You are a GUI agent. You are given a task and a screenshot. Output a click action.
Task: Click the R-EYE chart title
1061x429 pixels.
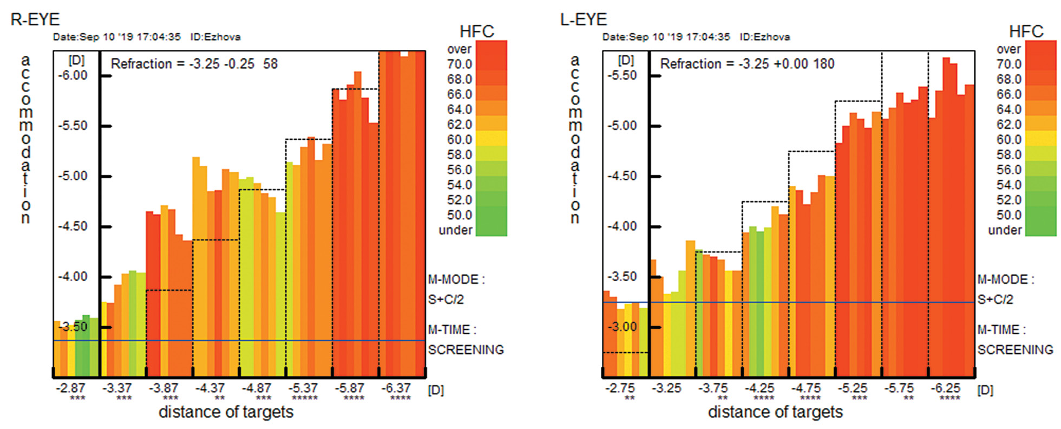(35, 19)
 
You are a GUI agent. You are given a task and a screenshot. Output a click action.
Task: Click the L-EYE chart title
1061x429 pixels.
(584, 19)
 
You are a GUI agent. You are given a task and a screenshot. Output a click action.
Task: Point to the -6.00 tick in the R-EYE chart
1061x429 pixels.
(73, 75)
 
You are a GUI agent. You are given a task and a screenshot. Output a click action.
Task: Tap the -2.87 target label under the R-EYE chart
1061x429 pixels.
(71, 388)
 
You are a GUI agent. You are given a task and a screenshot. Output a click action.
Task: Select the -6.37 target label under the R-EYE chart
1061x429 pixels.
(396, 388)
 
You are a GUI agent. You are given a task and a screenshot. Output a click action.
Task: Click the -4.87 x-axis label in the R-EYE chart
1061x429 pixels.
(256, 388)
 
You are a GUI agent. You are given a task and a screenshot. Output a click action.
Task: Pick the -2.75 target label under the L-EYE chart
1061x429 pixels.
(620, 388)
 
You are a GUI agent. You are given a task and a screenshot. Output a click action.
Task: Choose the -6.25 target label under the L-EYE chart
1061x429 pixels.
(946, 388)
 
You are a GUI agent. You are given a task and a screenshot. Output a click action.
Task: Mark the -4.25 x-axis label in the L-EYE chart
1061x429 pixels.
(759, 388)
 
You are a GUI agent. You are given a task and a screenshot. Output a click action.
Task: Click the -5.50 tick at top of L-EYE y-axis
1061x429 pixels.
(622, 75)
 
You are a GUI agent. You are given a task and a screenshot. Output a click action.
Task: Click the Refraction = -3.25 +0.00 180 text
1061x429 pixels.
(747, 64)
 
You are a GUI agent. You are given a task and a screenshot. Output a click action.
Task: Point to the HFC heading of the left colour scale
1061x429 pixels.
(476, 31)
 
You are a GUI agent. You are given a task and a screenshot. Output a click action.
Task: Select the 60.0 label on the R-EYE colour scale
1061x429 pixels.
(459, 140)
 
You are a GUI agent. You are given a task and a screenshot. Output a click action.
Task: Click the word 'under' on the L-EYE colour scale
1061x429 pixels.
(1005, 230)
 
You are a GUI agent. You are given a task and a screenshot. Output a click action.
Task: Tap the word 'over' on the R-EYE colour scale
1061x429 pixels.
(459, 49)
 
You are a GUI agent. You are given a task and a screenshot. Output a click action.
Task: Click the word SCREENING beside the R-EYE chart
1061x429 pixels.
(466, 350)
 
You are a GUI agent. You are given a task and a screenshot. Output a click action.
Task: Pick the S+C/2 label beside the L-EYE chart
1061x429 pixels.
(995, 300)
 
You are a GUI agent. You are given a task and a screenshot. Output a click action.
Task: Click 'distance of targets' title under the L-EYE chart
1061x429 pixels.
(775, 412)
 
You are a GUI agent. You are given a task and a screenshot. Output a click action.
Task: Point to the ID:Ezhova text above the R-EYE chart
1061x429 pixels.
(215, 37)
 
